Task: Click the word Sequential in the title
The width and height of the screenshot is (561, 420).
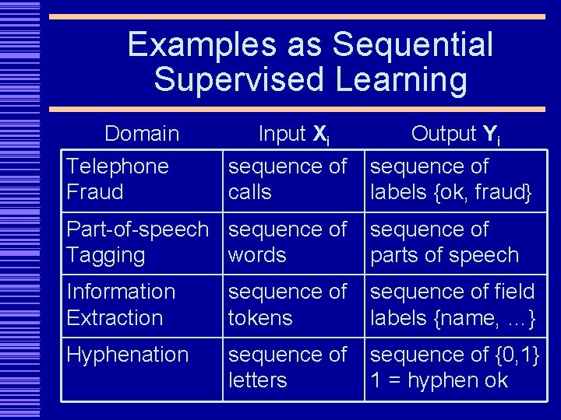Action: (x=413, y=45)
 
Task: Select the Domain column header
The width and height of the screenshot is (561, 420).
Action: (x=142, y=134)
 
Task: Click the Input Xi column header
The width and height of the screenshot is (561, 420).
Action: (x=294, y=135)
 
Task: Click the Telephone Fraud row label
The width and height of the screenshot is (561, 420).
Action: (x=117, y=178)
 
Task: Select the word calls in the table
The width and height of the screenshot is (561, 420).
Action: (x=250, y=191)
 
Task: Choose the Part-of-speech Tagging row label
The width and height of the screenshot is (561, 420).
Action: (x=137, y=242)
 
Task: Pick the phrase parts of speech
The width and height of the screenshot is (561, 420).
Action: (x=444, y=254)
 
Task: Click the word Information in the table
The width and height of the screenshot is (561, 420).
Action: (x=121, y=292)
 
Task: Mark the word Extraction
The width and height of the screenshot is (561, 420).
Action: (x=115, y=317)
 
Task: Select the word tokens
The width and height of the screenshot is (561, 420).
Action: (x=260, y=317)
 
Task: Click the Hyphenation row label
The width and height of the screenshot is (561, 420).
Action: (x=128, y=355)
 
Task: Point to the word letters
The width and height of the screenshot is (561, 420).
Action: (x=258, y=380)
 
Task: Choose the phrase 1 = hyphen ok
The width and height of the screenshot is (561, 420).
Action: (x=439, y=380)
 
